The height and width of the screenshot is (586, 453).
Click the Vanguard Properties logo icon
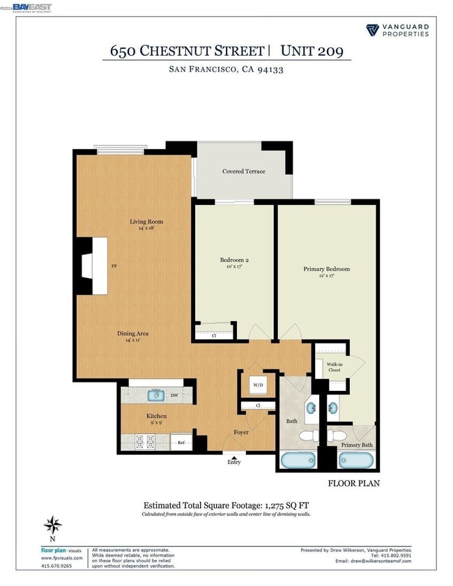(x=372, y=30)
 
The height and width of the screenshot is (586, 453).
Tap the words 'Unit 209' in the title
(x=312, y=51)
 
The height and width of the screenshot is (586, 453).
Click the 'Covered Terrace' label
(x=243, y=171)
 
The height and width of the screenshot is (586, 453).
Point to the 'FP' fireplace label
(x=114, y=266)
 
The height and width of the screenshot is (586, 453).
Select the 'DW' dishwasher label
(x=174, y=395)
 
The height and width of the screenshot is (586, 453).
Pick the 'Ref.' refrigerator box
(x=181, y=442)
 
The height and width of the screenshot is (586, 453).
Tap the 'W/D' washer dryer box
(x=257, y=385)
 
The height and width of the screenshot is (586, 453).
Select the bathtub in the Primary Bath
(x=357, y=460)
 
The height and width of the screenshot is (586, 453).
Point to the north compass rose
(x=52, y=526)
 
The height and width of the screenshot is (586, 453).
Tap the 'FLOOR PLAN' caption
(x=354, y=482)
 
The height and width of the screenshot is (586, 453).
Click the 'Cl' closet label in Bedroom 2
(x=215, y=334)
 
